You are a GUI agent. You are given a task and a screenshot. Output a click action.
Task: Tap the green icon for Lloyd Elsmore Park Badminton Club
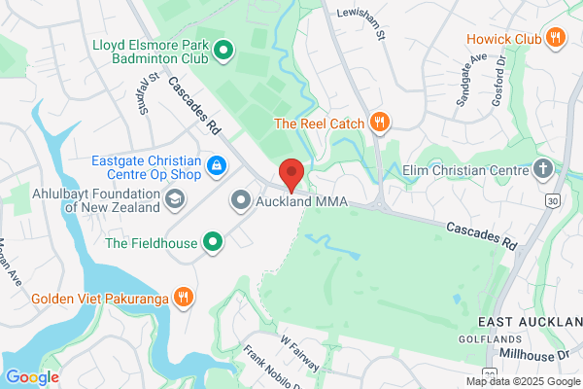[x=223, y=49]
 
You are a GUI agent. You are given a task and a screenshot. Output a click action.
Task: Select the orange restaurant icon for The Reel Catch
[x=379, y=123]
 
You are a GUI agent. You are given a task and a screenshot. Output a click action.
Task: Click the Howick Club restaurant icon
[x=556, y=38]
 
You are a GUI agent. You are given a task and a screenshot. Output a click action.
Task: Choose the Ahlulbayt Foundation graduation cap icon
[x=175, y=200]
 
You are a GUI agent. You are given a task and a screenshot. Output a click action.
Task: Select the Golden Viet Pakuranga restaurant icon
[x=181, y=297]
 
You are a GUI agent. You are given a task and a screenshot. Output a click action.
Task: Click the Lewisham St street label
[x=361, y=21]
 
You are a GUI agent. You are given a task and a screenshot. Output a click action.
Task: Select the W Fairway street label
[x=300, y=353]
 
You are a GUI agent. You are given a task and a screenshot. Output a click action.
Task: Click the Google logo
[x=32, y=376]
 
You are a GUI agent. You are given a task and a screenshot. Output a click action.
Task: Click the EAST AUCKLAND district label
[x=529, y=321]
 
